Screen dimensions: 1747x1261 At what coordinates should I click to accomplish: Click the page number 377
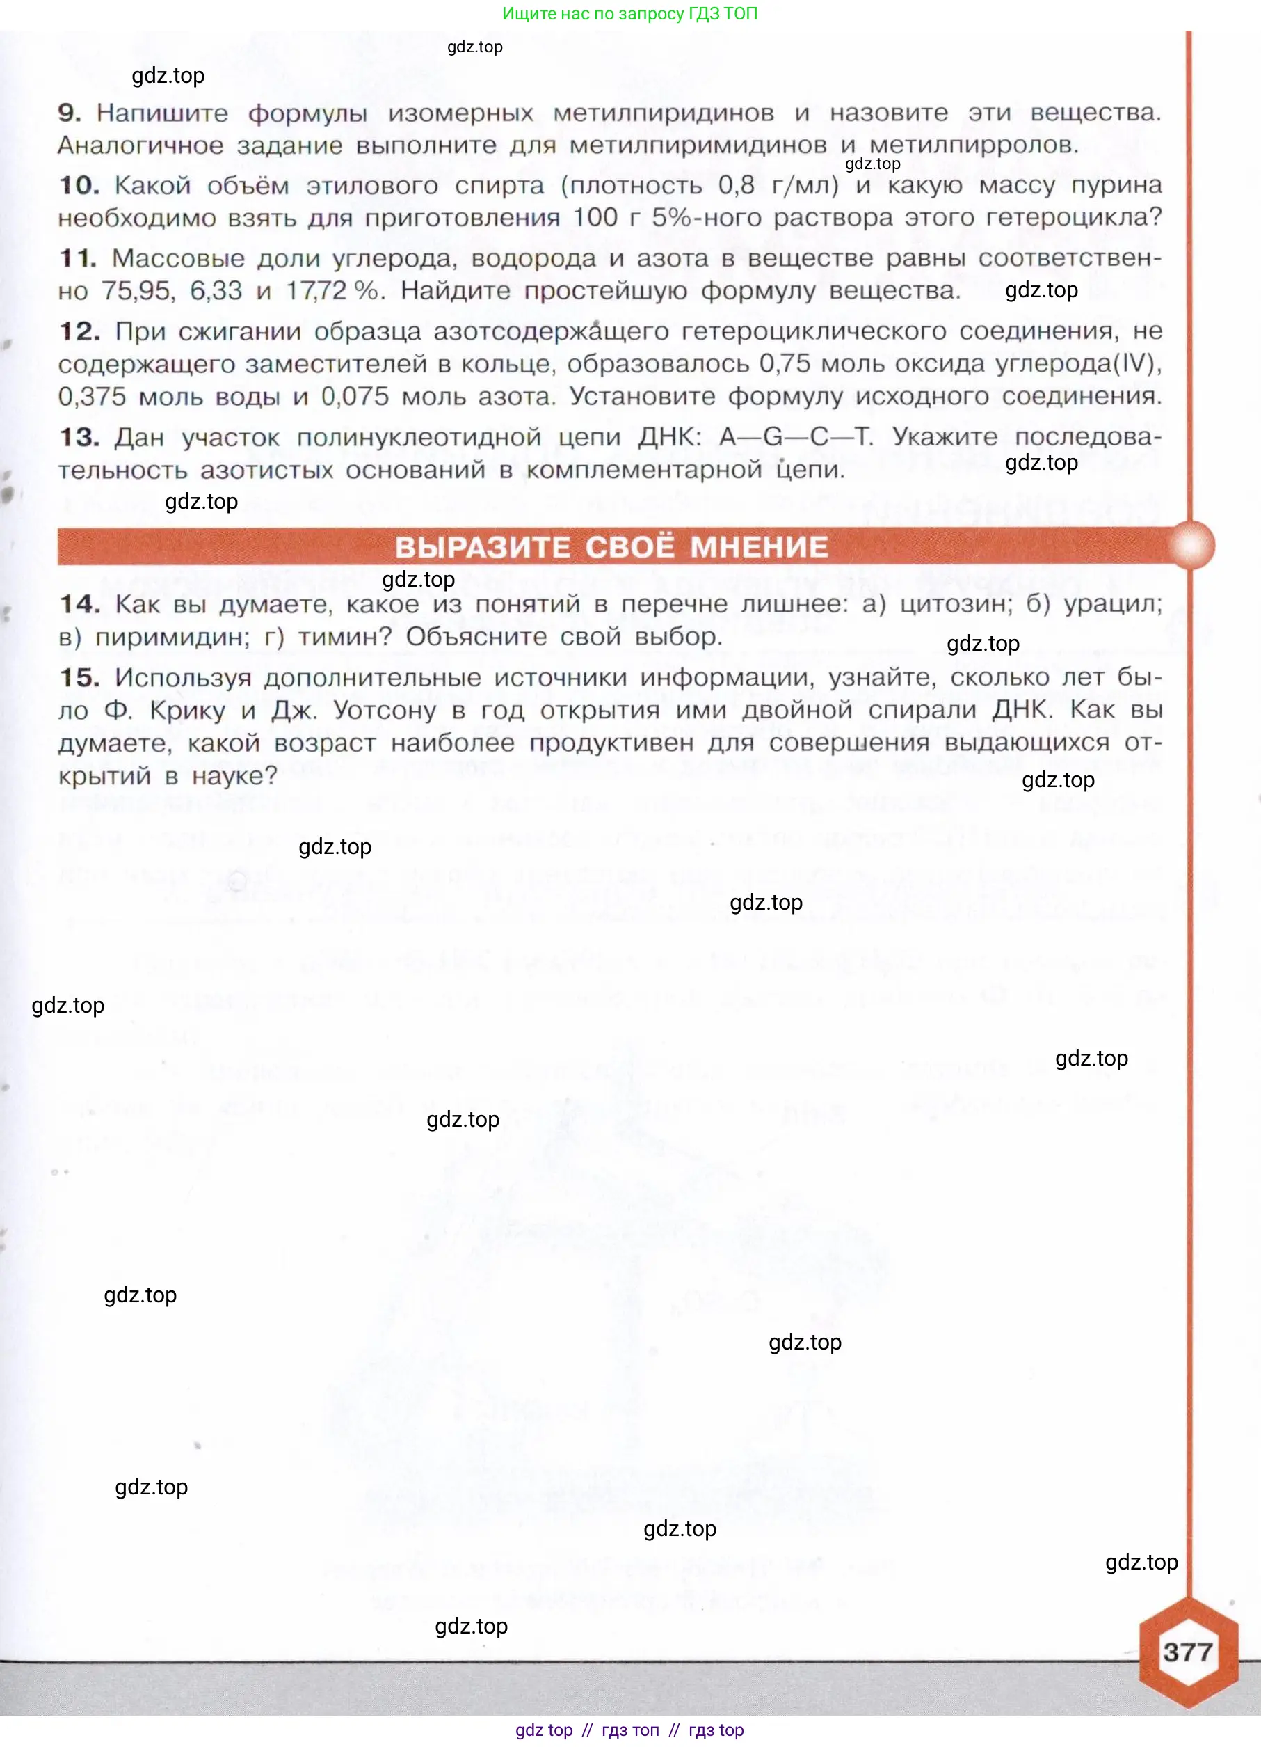1188,1652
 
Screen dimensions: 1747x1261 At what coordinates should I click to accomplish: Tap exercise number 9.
70,113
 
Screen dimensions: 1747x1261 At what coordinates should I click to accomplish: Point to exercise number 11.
78,258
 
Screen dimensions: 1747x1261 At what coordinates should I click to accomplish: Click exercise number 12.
79,331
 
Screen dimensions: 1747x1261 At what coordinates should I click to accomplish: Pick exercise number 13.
79,438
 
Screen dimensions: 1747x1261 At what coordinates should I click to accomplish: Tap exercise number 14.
79,604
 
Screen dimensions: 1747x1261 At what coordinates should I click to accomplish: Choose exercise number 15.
79,678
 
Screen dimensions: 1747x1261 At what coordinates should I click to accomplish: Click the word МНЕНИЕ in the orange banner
759,547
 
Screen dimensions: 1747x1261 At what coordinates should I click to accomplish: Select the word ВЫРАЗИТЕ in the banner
483,547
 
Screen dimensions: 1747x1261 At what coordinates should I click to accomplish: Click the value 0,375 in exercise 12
92,397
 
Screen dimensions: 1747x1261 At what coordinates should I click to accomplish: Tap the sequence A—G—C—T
795,437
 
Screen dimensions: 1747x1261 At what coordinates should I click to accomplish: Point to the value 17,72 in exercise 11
317,291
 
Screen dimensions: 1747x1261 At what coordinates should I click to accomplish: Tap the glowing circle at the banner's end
1190,546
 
